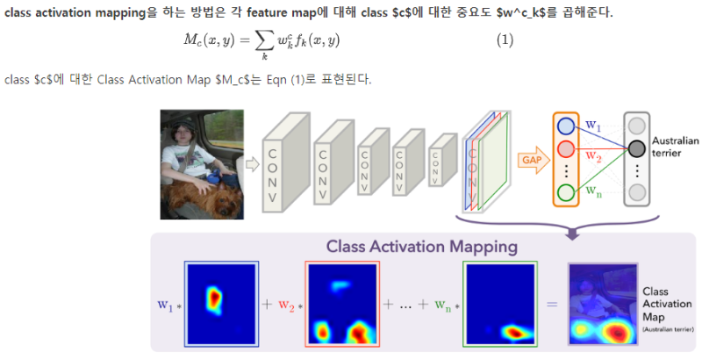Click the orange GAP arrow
pos(530,161)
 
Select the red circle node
pos(566,148)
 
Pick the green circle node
pos(566,192)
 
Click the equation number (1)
pos(505,40)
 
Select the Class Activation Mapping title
pos(421,247)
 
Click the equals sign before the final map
pos(552,305)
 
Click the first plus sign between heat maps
pos(266,305)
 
